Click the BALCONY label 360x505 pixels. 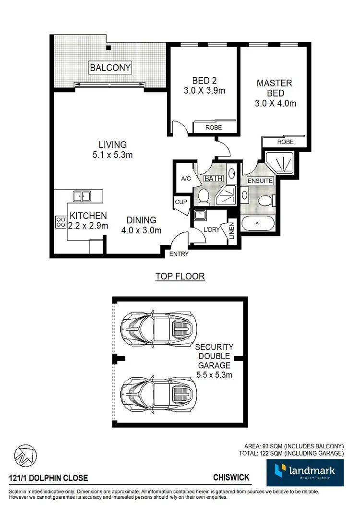click(x=110, y=68)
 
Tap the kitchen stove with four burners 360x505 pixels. click(x=61, y=222)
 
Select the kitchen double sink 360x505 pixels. click(x=82, y=195)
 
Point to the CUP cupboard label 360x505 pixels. click(x=181, y=202)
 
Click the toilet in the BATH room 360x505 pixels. click(x=203, y=196)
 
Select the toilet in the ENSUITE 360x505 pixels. click(x=264, y=200)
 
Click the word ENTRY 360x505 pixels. click(x=179, y=254)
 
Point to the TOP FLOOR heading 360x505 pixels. click(x=180, y=277)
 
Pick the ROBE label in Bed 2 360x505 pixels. click(x=213, y=128)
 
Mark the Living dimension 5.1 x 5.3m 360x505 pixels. click(x=113, y=155)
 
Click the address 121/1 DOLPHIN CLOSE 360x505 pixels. click(x=48, y=478)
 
